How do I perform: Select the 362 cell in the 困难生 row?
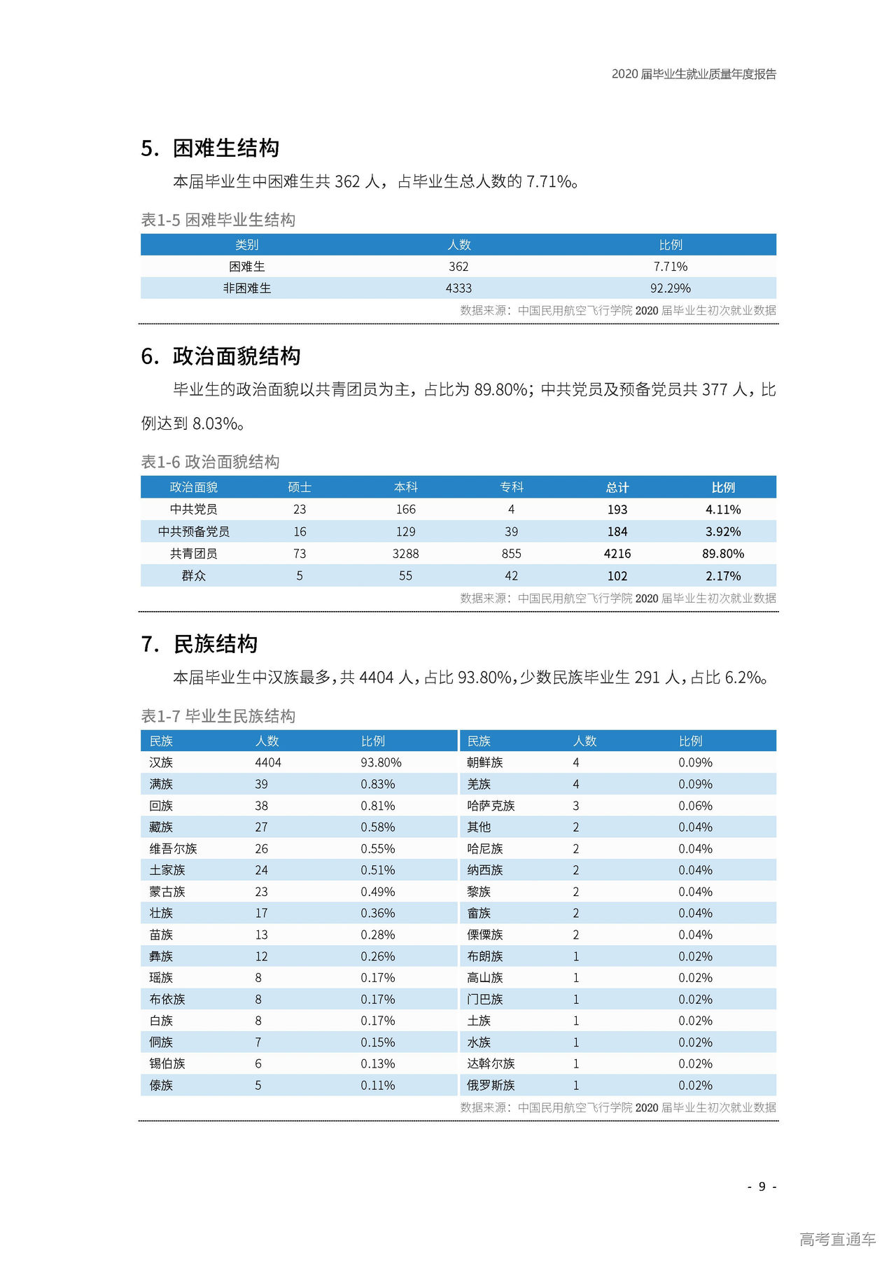(x=458, y=267)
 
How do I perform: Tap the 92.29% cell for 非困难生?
(x=670, y=288)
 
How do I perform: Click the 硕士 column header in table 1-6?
(x=300, y=487)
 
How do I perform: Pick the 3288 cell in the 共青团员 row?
(x=405, y=554)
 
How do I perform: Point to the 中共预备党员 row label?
(x=194, y=532)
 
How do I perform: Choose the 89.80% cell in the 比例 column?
(x=722, y=554)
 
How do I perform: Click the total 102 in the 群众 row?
(x=617, y=576)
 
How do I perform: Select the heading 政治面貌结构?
(x=237, y=356)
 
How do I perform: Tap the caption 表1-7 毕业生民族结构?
(x=218, y=716)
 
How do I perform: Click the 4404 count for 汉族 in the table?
(x=268, y=763)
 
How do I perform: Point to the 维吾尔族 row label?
(x=173, y=849)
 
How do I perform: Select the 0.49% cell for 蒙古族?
(x=378, y=892)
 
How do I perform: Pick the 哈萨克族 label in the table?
(x=491, y=806)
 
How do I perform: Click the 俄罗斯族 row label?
(x=491, y=1086)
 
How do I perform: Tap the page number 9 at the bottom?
(x=762, y=1186)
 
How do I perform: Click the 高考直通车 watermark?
(x=837, y=1240)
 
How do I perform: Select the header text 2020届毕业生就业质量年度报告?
(x=694, y=74)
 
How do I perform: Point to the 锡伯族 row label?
(x=167, y=1064)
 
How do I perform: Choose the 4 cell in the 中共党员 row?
(x=511, y=510)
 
